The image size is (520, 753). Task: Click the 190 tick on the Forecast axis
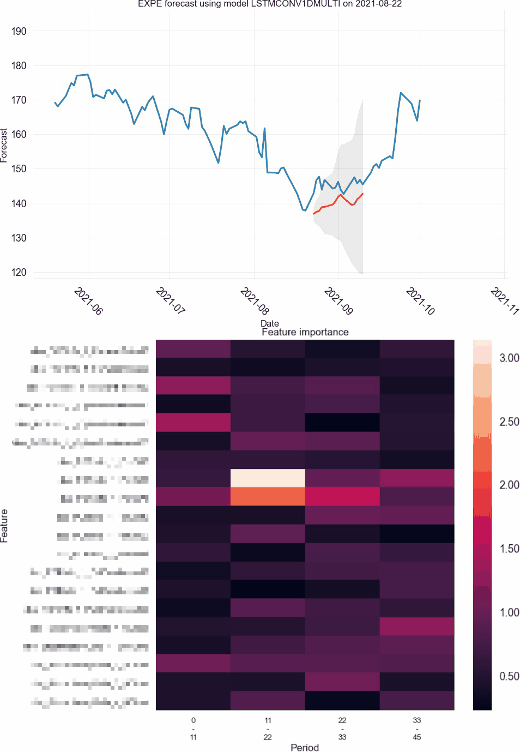tap(19, 31)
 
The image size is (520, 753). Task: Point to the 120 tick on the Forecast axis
tap(19, 272)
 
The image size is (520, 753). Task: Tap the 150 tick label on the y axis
tap(19, 168)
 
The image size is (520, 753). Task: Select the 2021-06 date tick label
tap(88, 301)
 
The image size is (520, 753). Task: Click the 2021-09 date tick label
tap(338, 301)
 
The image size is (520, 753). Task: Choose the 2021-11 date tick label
tap(505, 301)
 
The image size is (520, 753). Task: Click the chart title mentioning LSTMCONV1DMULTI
tap(270, 4)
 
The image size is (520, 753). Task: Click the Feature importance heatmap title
tap(305, 332)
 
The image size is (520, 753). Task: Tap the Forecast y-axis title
tap(4, 146)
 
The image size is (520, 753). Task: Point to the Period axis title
tap(304, 748)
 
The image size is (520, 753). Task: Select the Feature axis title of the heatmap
tap(4, 526)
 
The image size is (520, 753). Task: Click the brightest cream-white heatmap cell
tap(268, 478)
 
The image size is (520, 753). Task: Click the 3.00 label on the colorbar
tap(509, 358)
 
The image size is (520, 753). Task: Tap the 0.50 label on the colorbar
tap(509, 676)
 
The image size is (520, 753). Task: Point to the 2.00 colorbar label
tap(509, 485)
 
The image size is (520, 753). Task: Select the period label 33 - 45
tap(417, 728)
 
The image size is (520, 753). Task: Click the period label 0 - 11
tap(194, 728)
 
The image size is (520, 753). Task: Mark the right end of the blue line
tap(419, 100)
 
